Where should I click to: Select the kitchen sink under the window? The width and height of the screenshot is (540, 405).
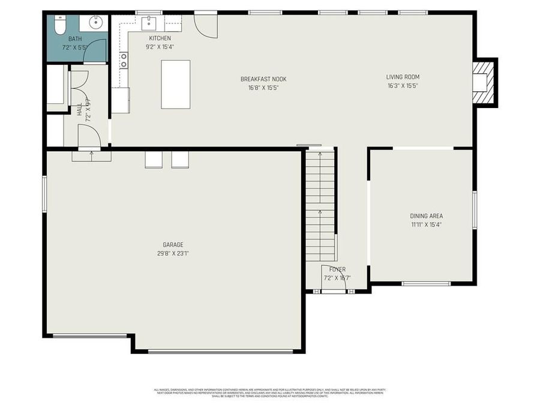(x=148, y=23)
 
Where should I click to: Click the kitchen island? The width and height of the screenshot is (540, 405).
(x=175, y=84)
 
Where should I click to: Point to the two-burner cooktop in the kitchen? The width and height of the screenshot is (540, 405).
(x=124, y=60)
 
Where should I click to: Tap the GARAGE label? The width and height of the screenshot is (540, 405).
(x=173, y=245)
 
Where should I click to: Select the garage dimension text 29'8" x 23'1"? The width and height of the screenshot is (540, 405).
(x=173, y=253)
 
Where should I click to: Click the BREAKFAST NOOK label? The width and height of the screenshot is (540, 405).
(x=263, y=79)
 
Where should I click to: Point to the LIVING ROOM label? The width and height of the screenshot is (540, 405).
(x=403, y=77)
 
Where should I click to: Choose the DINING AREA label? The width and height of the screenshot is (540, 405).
(x=426, y=216)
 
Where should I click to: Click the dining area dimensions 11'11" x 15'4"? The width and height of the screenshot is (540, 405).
(x=426, y=224)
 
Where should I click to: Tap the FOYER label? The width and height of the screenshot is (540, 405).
(x=337, y=269)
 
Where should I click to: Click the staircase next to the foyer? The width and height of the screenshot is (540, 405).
(x=320, y=204)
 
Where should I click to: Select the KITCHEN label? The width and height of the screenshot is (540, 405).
(x=160, y=38)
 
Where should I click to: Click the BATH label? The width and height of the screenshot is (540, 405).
(x=75, y=39)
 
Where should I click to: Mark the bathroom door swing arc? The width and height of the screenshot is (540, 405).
(x=95, y=53)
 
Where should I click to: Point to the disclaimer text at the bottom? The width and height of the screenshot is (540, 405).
(x=270, y=393)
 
